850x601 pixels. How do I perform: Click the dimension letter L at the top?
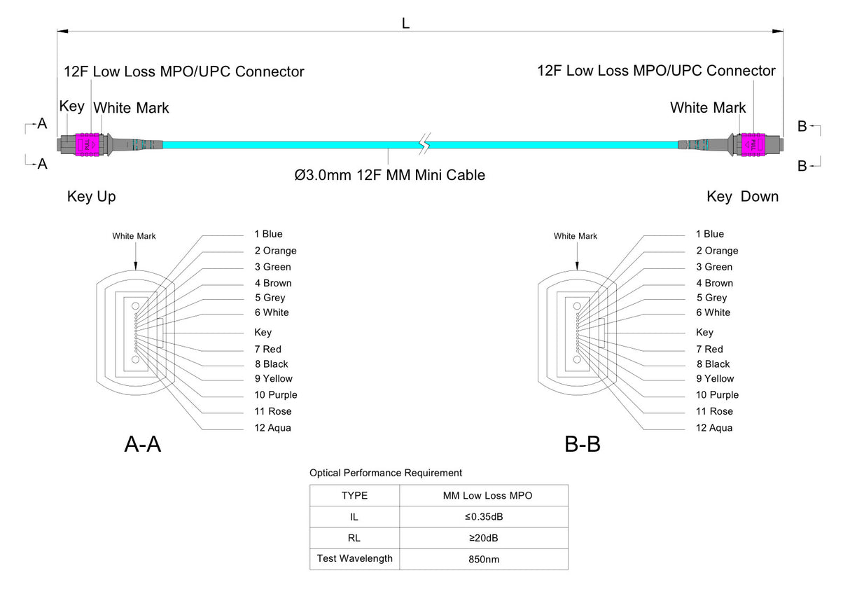coord(405,22)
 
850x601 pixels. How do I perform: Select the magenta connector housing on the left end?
coord(88,143)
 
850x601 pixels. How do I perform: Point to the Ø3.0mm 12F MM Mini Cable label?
coord(390,175)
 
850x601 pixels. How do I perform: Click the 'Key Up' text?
coord(91,197)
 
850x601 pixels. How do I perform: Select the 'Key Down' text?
coord(742,197)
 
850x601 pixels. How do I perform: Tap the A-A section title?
coord(143,443)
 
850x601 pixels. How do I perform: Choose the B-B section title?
coord(583,443)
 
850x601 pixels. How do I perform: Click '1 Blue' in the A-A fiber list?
coord(268,234)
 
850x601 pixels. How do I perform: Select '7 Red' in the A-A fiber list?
coord(267,349)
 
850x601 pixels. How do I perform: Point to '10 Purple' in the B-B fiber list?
coord(717,395)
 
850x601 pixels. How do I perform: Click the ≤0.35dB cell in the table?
coord(484,517)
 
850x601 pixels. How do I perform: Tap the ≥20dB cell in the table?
coord(484,538)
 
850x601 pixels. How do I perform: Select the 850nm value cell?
coord(484,560)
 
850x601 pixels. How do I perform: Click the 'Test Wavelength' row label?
coord(354,559)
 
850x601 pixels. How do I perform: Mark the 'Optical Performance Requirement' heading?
coord(386,473)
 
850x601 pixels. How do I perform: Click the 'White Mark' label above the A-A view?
coord(134,236)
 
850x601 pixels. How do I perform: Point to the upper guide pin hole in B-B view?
coord(577,305)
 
